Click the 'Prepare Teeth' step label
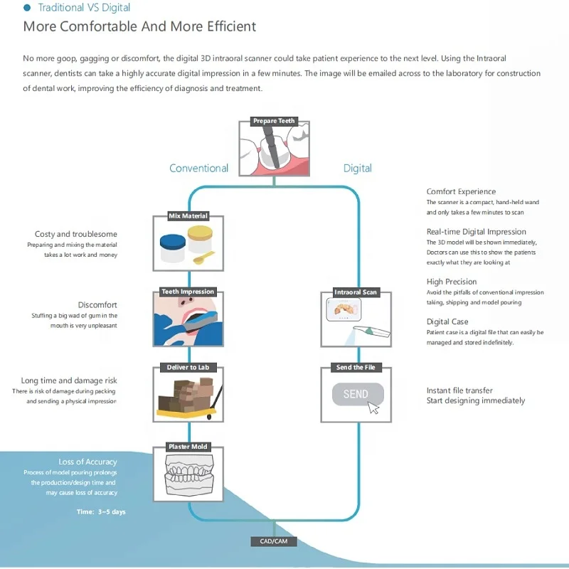pyautogui.click(x=274, y=121)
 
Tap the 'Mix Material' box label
pyautogui.click(x=188, y=216)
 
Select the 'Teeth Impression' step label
pyautogui.click(x=188, y=292)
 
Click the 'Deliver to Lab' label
pyautogui.click(x=188, y=368)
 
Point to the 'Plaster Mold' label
pyautogui.click(x=188, y=447)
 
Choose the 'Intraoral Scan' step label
pyautogui.click(x=356, y=292)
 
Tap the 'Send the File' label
pyautogui.click(x=356, y=368)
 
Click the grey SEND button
pyautogui.click(x=357, y=394)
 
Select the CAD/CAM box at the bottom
pyautogui.click(x=274, y=542)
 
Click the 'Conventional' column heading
pyautogui.click(x=198, y=169)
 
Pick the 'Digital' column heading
pyautogui.click(x=357, y=169)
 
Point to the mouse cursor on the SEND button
pyautogui.click(x=373, y=408)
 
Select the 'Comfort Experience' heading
pyautogui.click(x=461, y=191)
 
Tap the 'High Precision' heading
pyautogui.click(x=452, y=282)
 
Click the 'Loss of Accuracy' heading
pyautogui.click(x=87, y=462)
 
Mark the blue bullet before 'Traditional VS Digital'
pyautogui.click(x=27, y=8)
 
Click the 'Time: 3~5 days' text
pyautogui.click(x=101, y=511)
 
